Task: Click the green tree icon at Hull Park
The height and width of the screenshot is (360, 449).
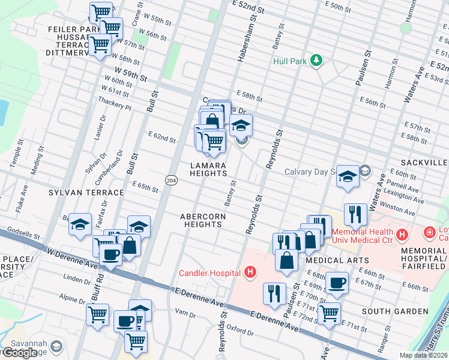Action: point(316,61)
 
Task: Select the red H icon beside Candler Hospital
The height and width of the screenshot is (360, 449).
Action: point(250,273)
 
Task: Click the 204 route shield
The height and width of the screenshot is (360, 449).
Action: point(170,179)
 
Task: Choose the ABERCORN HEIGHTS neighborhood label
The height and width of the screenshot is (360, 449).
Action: point(201,220)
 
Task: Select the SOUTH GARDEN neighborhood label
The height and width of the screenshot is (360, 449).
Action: point(394,311)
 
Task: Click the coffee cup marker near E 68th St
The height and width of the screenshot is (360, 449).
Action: point(337,283)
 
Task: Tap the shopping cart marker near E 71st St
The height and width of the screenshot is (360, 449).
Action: point(329,313)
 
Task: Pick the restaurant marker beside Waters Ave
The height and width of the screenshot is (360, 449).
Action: point(355,214)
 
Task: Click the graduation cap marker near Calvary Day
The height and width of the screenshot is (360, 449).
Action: point(348,176)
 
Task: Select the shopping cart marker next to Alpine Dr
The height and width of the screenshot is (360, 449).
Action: point(97,314)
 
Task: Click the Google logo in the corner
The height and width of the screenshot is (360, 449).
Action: point(19,353)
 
